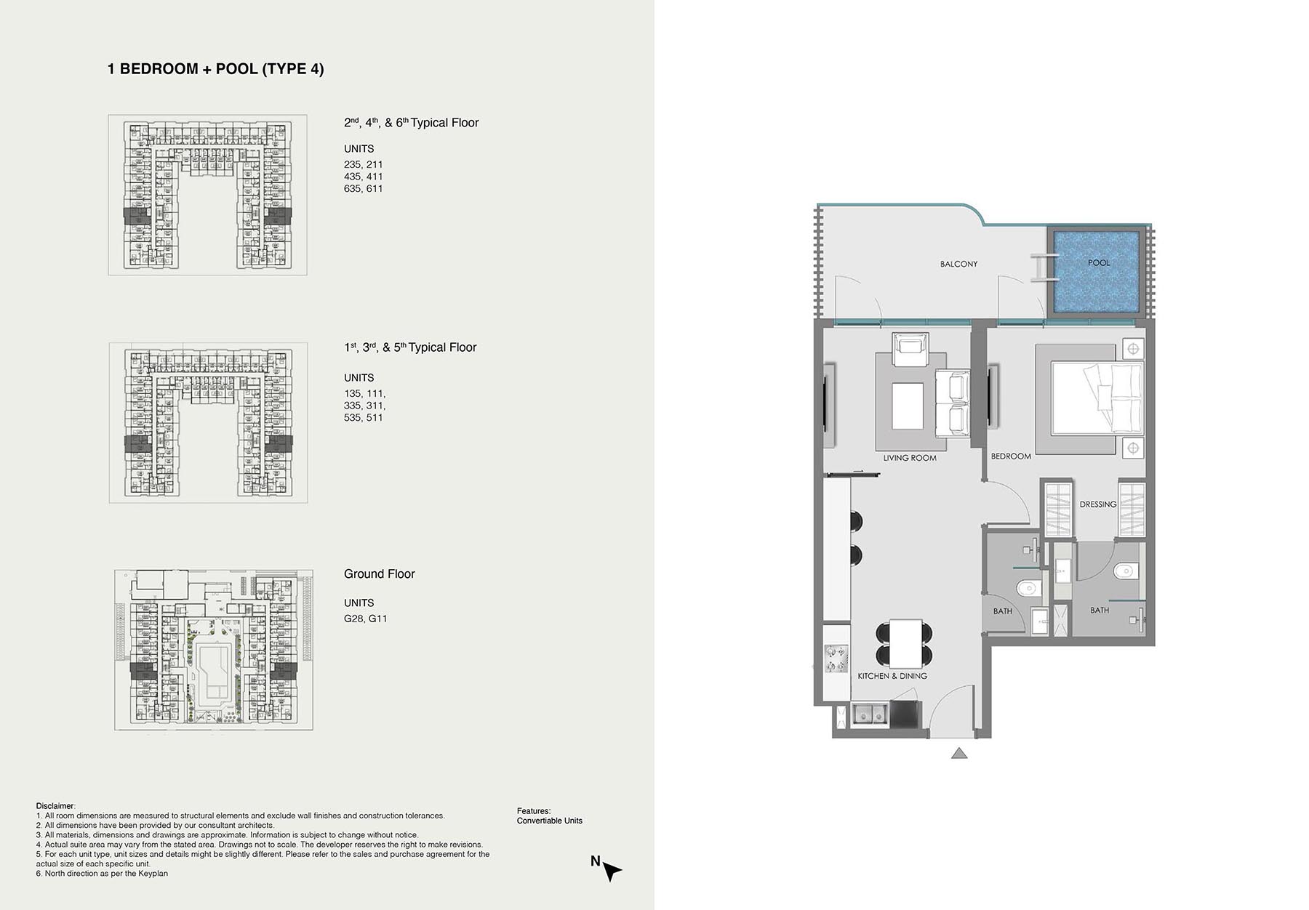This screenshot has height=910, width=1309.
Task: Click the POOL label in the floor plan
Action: pyautogui.click(x=1099, y=262)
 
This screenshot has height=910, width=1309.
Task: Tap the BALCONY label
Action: pyautogui.click(x=958, y=264)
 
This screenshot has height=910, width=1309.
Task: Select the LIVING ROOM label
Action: pyautogui.click(x=910, y=458)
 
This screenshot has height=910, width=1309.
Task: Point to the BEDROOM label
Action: pyautogui.click(x=1011, y=456)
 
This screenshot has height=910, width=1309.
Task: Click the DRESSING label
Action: pyautogui.click(x=1098, y=504)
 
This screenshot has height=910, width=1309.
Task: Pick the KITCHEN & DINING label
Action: pyautogui.click(x=892, y=676)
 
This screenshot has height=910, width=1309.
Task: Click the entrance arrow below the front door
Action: pyautogui.click(x=959, y=754)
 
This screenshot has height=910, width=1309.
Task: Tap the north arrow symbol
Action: pyautogui.click(x=612, y=871)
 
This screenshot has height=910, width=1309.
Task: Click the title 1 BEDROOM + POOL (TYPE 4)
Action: pyautogui.click(x=216, y=69)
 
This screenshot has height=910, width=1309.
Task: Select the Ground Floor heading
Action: pyautogui.click(x=379, y=574)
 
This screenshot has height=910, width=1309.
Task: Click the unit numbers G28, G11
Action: pyautogui.click(x=366, y=619)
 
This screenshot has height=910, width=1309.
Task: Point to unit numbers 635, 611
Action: pyautogui.click(x=364, y=188)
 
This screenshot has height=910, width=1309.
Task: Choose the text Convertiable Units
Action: pyautogui.click(x=550, y=821)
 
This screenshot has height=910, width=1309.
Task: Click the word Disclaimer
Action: pyautogui.click(x=55, y=806)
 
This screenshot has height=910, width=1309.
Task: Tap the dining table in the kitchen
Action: pyautogui.click(x=905, y=643)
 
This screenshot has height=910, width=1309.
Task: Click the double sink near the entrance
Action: pyautogui.click(x=870, y=715)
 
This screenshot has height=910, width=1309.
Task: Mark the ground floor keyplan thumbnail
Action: pyautogui.click(x=214, y=650)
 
